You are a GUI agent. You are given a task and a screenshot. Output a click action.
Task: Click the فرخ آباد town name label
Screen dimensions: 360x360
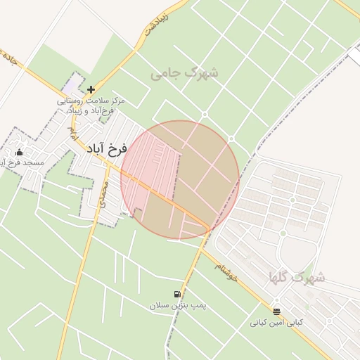(107, 149)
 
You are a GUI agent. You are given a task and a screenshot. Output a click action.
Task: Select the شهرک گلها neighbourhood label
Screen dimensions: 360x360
(296, 277)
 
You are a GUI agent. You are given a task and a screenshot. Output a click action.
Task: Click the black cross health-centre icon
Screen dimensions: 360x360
(91, 90)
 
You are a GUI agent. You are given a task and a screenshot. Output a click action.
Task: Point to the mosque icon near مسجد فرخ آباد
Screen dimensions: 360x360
(19, 153)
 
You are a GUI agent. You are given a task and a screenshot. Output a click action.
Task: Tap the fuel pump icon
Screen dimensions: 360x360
(175, 295)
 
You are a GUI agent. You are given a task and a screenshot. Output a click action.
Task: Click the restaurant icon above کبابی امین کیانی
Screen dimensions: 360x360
(276, 311)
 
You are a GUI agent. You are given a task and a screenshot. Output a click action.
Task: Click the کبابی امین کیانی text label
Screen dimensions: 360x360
(277, 323)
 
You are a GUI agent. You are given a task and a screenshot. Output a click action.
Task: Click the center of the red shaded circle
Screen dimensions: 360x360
(180, 180)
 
